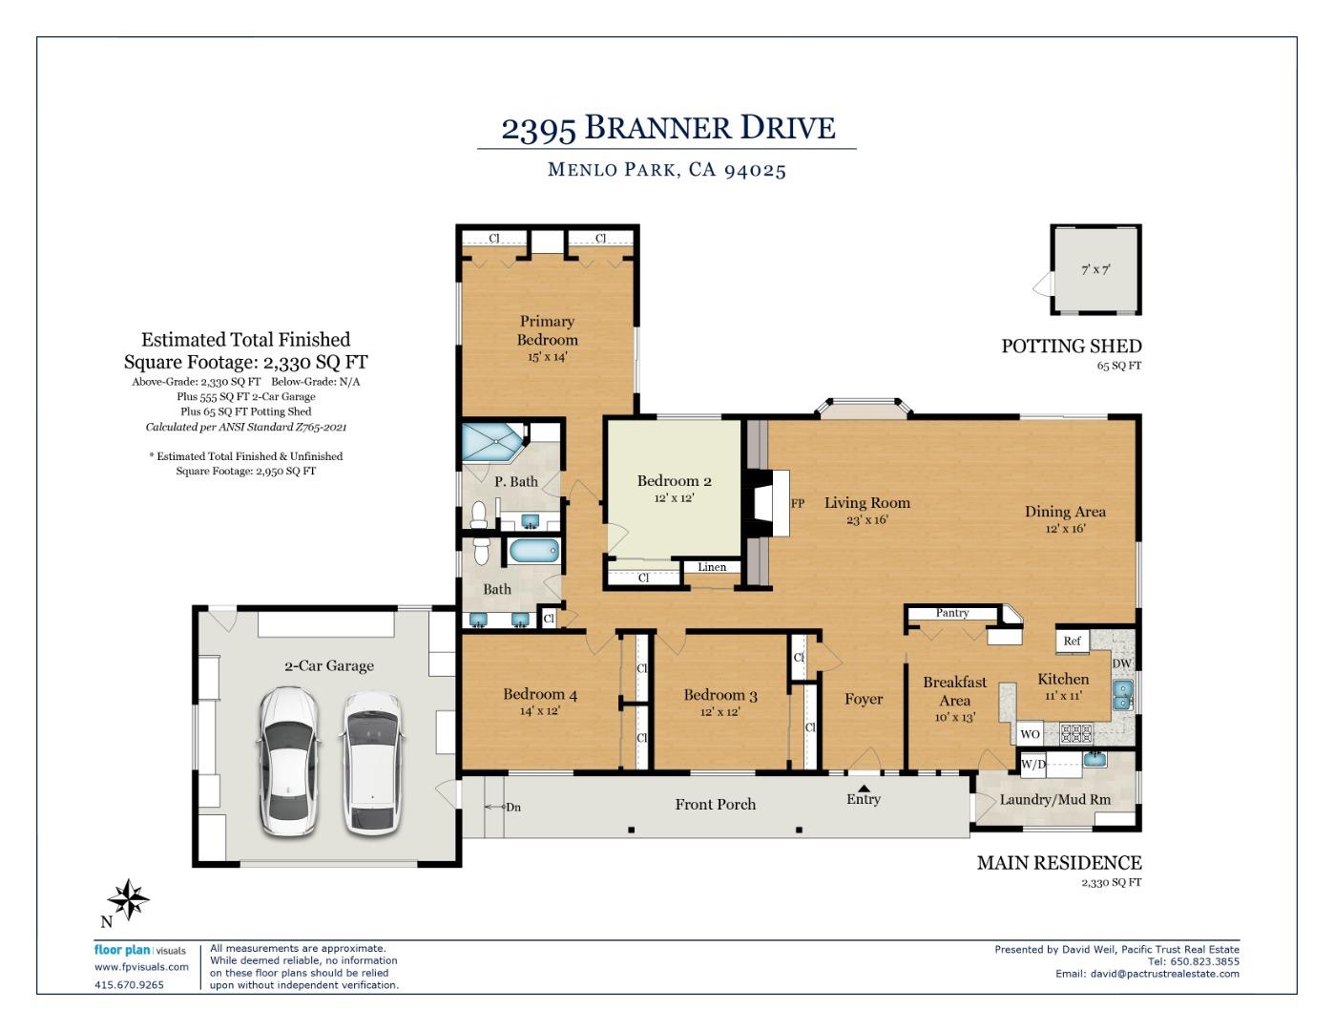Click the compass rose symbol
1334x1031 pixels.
(x=128, y=899)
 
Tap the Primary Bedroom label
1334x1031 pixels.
(x=547, y=330)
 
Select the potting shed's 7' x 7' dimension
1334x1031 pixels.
(x=1095, y=269)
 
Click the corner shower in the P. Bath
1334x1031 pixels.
(x=492, y=441)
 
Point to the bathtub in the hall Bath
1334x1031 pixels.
(x=533, y=551)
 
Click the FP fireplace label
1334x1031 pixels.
(x=798, y=503)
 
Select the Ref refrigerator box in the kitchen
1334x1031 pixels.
(x=1072, y=642)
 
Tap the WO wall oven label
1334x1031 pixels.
(x=1030, y=734)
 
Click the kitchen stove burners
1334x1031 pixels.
(x=1076, y=733)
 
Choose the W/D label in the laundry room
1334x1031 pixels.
(x=1033, y=765)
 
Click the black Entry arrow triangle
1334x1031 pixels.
(x=864, y=788)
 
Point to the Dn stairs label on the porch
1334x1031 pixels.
(x=513, y=807)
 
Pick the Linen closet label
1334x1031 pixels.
(x=712, y=567)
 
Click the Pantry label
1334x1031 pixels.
(x=952, y=612)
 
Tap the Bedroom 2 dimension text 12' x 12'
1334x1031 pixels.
(x=674, y=497)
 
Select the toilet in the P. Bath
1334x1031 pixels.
(x=478, y=515)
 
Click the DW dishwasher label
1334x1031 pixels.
(x=1121, y=663)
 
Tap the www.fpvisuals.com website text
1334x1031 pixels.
(x=141, y=966)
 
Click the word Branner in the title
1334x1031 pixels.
(x=658, y=128)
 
